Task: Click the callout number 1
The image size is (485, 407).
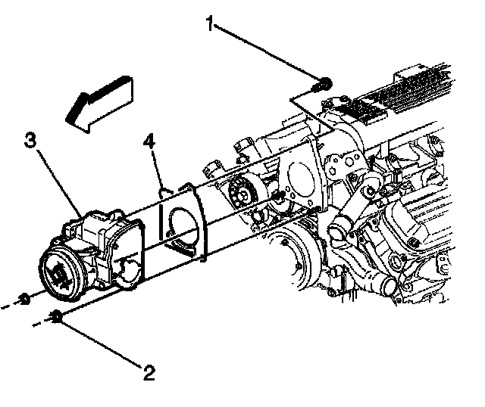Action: pos(209,25)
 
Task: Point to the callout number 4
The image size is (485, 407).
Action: pos(149,141)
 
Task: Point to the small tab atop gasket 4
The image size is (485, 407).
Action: pos(162,191)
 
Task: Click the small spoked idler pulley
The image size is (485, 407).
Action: pos(243,190)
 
